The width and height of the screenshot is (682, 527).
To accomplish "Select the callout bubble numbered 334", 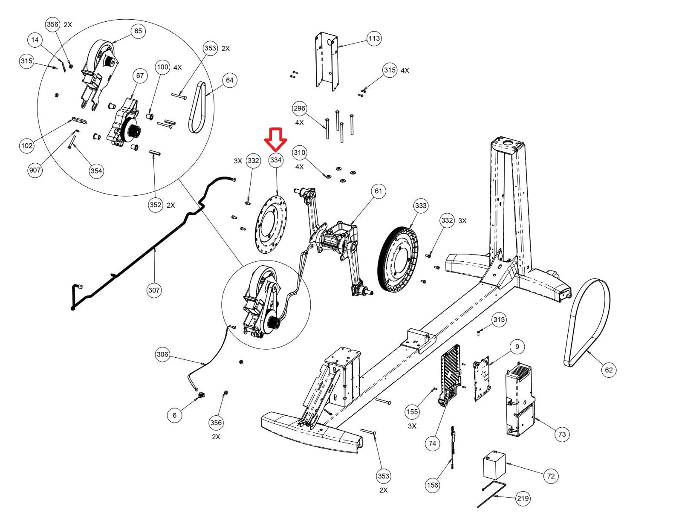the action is (x=275, y=160).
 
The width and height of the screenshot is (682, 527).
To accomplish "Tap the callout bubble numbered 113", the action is (x=374, y=39).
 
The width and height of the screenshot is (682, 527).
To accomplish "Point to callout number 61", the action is (x=378, y=191).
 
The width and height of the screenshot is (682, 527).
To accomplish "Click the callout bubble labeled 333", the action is (x=421, y=206).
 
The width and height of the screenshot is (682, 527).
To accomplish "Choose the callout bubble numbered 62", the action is (x=609, y=370).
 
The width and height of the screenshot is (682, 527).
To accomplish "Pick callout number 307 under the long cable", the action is (x=154, y=290).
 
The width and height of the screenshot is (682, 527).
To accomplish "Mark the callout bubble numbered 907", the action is (x=35, y=170).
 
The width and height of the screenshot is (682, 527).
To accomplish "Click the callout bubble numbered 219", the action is (x=523, y=498).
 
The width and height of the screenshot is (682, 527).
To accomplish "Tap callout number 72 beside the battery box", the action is (x=551, y=476).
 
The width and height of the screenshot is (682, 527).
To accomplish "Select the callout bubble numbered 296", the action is (x=299, y=109).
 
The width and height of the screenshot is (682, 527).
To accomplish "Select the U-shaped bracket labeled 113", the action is (x=327, y=61).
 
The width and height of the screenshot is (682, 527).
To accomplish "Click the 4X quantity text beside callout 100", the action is (x=178, y=67).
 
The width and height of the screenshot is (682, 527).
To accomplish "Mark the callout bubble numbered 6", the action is (x=174, y=415).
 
